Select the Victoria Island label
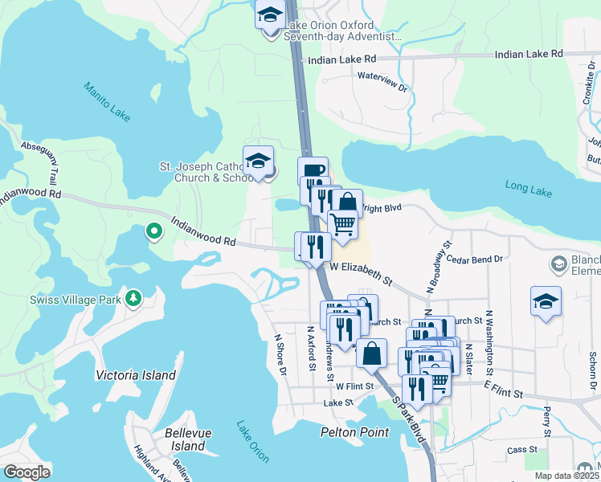coord(135,375)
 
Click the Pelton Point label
coord(354,432)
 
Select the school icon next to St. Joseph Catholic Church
coord(258,161)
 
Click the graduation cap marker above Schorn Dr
coord(546,302)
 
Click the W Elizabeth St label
coord(361,272)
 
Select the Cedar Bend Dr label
coord(474,259)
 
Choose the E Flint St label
coord(503,390)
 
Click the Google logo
coord(27,472)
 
